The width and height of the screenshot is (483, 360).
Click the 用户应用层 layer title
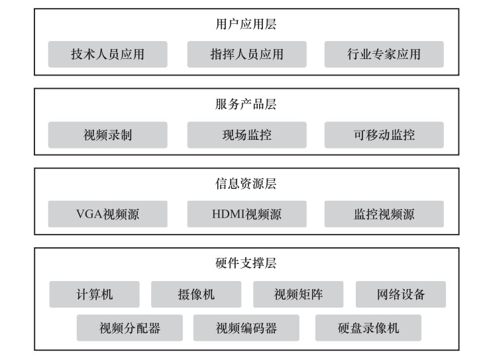(246, 24)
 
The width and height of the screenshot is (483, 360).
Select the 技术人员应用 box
(107, 54)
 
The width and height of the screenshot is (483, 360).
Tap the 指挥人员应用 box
(246, 54)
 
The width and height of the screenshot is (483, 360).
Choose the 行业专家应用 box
(384, 54)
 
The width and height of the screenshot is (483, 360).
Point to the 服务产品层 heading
(246, 104)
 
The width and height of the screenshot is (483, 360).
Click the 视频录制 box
(107, 135)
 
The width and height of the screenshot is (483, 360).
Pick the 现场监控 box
(246, 135)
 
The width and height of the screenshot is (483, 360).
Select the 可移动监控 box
(384, 135)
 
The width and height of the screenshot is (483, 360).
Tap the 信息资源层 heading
(246, 184)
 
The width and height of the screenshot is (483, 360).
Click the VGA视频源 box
(107, 214)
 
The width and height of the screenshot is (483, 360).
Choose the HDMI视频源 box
(246, 214)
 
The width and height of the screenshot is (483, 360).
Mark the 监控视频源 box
(384, 214)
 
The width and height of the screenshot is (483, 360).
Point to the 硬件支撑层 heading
(246, 263)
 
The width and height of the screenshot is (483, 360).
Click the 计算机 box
(94, 294)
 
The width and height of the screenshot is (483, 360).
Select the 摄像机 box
(196, 294)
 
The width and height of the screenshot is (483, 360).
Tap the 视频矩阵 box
(298, 294)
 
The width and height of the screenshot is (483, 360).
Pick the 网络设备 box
(400, 294)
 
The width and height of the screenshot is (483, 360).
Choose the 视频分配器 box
(130, 328)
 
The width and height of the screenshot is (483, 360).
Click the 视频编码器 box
(246, 328)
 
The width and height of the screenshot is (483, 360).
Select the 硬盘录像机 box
(368, 328)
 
